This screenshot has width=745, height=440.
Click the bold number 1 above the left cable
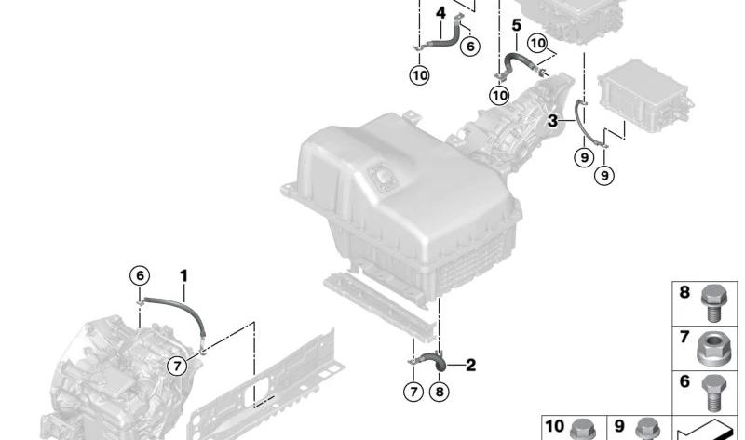click(183, 275)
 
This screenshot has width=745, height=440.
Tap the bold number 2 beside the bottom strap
click(470, 365)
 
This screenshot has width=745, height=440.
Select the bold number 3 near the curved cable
click(552, 121)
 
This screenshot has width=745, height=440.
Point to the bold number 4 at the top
click(440, 13)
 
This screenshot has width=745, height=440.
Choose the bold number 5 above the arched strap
click(517, 25)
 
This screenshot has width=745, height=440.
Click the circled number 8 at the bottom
click(439, 392)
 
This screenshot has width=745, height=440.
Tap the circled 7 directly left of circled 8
click(413, 392)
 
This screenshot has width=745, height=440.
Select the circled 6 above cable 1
click(140, 275)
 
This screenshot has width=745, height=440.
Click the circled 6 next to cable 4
click(470, 47)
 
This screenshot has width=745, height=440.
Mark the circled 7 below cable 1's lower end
click(177, 366)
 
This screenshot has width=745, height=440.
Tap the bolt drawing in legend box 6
click(713, 393)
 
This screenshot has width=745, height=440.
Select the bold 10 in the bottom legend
click(554, 426)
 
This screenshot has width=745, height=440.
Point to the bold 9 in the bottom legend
click(618, 426)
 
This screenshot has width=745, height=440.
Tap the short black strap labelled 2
click(431, 359)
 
